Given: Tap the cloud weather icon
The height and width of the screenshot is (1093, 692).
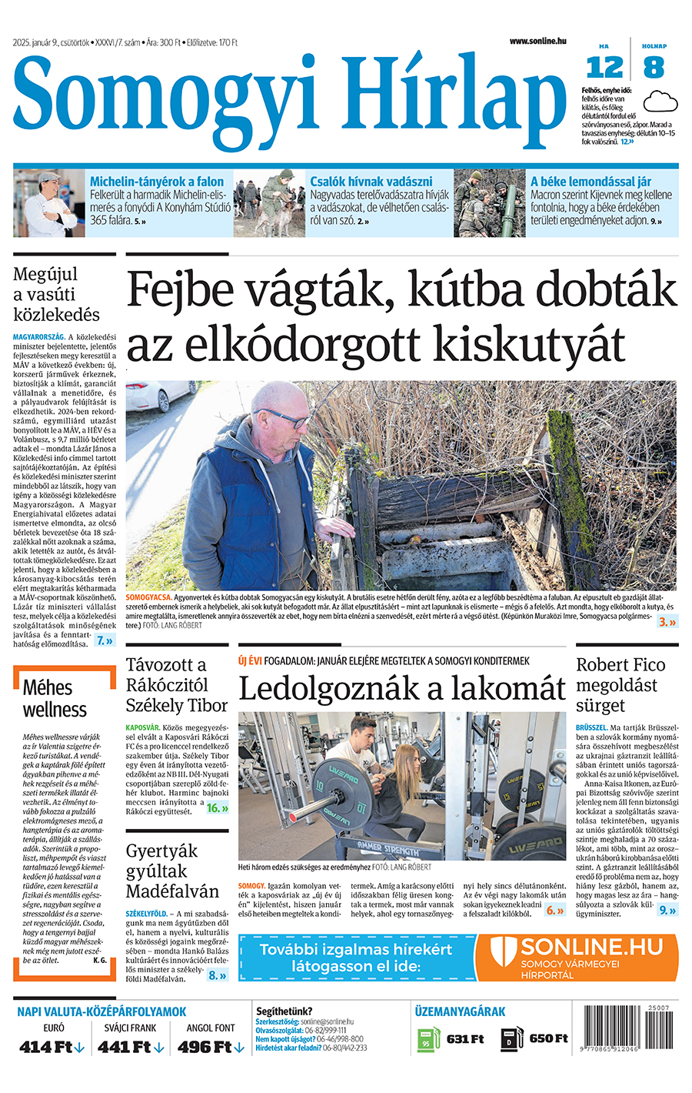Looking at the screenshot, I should click(660, 101).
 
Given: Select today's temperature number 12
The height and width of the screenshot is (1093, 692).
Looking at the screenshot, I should click(604, 68).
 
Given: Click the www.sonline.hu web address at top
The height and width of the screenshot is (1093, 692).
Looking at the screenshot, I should click(537, 41).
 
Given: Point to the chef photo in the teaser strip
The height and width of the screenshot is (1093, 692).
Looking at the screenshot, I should click(48, 203).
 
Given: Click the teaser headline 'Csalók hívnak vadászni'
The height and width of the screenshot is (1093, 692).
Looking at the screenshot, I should click(371, 182).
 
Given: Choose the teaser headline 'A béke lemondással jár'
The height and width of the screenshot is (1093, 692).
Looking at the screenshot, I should click(591, 182).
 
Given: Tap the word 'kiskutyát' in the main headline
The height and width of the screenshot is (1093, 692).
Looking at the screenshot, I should click(514, 343).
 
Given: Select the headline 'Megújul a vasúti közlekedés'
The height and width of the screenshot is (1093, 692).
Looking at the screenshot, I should click(57, 294).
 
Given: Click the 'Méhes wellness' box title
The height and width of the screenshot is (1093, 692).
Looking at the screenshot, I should click(55, 698).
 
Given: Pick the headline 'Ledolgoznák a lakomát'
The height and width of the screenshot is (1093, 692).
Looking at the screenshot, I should click(402, 687).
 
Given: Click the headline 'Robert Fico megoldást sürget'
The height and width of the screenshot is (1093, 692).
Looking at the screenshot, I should click(620, 685).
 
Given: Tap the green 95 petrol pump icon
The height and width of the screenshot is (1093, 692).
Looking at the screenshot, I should click(427, 1039).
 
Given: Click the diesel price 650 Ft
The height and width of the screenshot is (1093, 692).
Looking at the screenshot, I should click(548, 1039).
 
